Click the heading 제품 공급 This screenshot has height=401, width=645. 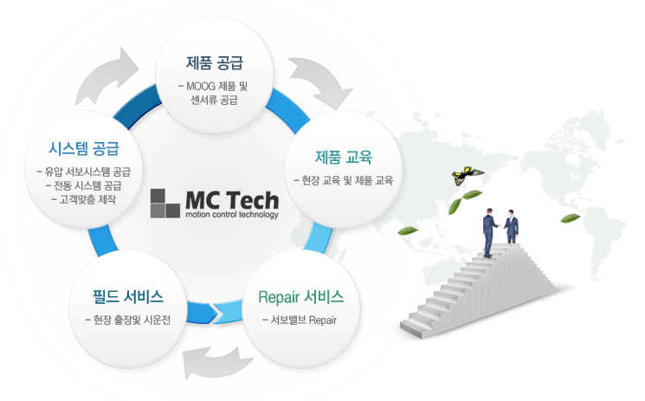coord(215,63)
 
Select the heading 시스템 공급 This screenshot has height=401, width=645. coord(84,148)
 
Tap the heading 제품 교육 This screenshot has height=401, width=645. coord(344,158)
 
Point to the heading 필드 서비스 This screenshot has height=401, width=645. coord(128,297)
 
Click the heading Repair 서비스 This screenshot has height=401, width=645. coord(300,297)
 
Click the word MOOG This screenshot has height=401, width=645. coord(201,87)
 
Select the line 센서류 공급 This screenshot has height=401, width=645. coord(215,100)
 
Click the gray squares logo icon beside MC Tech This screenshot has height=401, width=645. coord(165,204)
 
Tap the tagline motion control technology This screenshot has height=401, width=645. coord(232,215)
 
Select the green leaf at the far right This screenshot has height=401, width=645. coord(571,218)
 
